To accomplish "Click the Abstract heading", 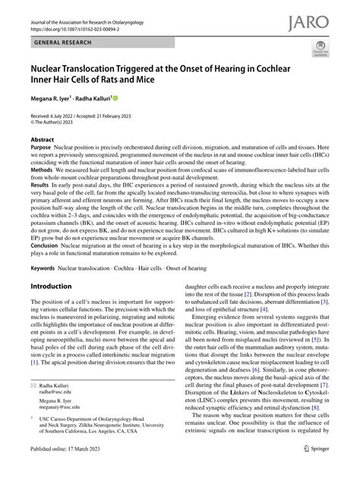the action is coord(42,141).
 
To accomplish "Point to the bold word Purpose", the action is coord(42,150).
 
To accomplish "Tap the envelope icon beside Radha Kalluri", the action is coord(33,388).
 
